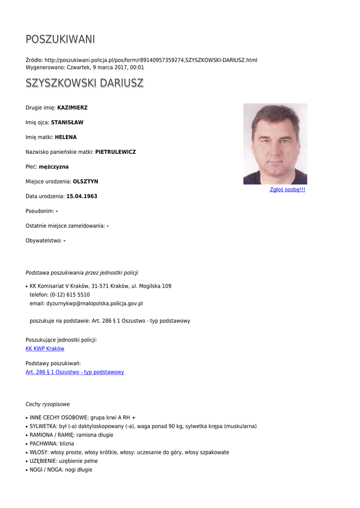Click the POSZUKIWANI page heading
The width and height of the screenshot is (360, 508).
click(x=60, y=39)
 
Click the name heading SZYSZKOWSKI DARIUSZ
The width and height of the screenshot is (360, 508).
click(x=84, y=83)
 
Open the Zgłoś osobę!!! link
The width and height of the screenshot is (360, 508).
click(x=287, y=190)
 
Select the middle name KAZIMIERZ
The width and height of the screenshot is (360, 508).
click(x=72, y=108)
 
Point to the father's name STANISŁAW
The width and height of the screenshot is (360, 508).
click(x=67, y=123)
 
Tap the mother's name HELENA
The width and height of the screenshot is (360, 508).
click(x=66, y=137)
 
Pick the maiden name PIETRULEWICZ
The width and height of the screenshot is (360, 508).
click(x=115, y=152)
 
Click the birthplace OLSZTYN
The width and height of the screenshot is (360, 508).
click(x=85, y=182)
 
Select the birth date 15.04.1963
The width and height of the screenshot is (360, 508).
click(x=81, y=196)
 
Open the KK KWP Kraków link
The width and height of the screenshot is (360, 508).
click(x=45, y=349)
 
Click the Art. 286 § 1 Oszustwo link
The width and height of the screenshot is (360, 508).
click(x=74, y=372)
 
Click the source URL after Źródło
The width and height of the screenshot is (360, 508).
click(x=151, y=60)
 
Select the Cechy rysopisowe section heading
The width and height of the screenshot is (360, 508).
click(x=48, y=404)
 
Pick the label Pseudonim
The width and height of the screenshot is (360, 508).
click(x=40, y=211)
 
